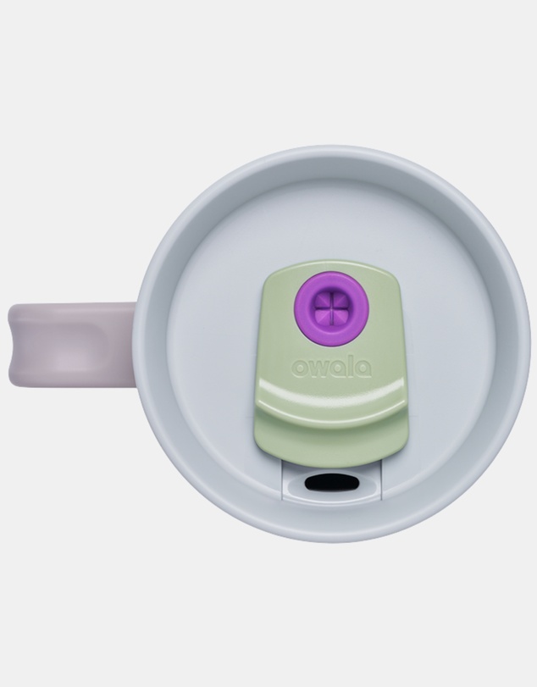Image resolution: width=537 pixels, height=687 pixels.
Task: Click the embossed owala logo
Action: coord(331,368)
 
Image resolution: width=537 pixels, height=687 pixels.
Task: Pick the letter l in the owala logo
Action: coord(348,367)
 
